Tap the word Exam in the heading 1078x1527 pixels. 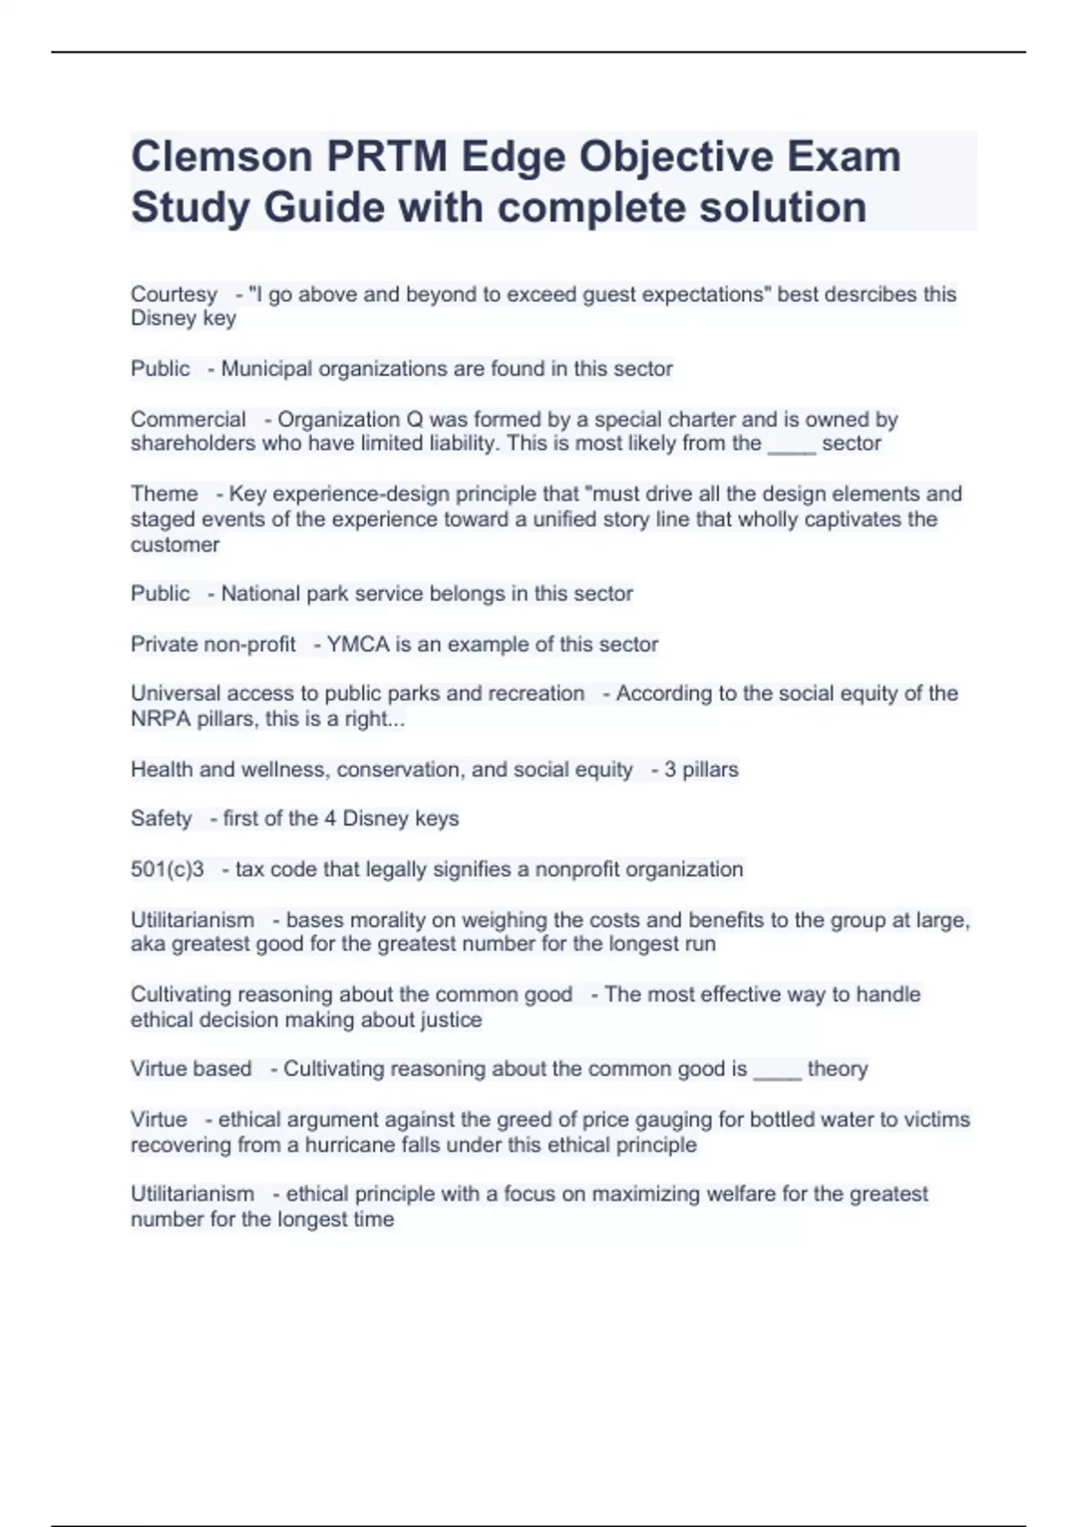click(844, 156)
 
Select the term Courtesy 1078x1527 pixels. click(173, 295)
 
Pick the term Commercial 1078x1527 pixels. click(188, 419)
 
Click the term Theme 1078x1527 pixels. click(164, 494)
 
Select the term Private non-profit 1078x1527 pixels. click(213, 644)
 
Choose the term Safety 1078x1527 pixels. click(161, 818)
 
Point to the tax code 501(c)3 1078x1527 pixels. click(167, 869)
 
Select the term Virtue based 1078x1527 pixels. click(190, 1069)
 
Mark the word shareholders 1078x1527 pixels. click(192, 444)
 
